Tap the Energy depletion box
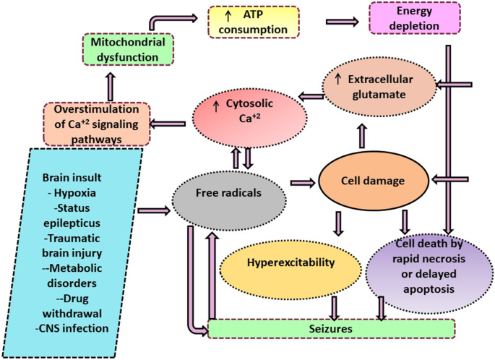[x=414, y=18]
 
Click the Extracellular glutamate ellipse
[x=379, y=85]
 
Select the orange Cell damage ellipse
[x=371, y=180]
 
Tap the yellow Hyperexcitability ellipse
[x=290, y=263]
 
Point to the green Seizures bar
[x=331, y=328]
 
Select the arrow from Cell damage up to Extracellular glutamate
[x=362, y=134]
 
